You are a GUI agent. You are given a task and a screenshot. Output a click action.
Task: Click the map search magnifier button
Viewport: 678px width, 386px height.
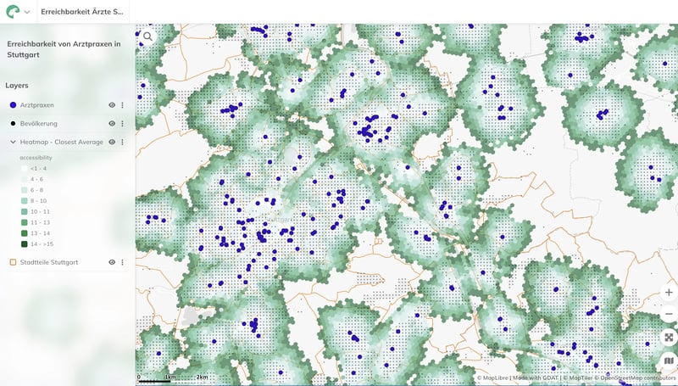pos(148,36)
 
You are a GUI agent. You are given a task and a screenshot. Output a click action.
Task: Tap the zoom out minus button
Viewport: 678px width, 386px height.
pos(669,314)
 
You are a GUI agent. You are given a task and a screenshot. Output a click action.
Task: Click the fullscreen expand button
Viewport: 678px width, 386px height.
pos(669,337)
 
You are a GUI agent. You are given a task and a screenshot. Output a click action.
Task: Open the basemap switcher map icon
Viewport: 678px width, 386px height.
pos(669,361)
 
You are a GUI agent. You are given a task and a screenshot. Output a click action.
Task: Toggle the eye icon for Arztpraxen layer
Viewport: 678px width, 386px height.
pos(111,105)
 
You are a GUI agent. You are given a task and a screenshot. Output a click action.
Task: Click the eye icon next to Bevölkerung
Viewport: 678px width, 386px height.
pos(111,124)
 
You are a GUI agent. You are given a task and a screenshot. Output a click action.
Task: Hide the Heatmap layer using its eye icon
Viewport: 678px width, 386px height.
pos(112,143)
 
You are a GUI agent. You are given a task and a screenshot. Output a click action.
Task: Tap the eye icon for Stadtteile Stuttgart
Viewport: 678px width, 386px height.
pos(111,262)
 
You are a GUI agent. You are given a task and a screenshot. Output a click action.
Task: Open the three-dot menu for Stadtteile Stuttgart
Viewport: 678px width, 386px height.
pos(122,262)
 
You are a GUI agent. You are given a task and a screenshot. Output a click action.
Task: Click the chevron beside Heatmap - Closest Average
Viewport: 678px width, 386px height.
pos(13,143)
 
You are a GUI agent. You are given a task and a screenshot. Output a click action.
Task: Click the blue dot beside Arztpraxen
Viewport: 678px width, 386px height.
pos(13,105)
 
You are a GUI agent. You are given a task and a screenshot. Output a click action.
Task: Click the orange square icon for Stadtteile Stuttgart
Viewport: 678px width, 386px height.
pos(13,262)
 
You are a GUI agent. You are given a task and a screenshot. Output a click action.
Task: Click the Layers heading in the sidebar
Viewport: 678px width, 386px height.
pos(17,85)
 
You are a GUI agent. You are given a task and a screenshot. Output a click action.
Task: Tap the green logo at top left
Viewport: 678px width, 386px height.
pos(13,12)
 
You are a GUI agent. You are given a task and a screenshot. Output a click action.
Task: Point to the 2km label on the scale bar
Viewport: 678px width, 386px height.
pos(202,377)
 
